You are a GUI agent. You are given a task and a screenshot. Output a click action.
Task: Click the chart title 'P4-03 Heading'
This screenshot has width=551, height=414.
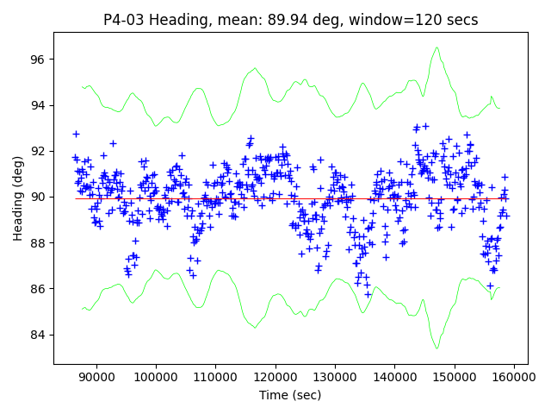pos(290,20)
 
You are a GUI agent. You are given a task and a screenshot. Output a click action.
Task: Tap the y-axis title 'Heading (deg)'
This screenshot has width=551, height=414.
pos(18,198)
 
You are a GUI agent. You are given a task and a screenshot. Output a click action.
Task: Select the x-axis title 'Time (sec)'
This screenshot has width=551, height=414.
pos(290,395)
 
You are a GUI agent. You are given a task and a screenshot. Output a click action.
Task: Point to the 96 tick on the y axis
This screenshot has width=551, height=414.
pos(39,60)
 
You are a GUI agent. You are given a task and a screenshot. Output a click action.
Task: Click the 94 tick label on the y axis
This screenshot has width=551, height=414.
pos(39,105)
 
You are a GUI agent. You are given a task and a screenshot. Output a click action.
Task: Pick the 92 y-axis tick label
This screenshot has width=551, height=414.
pos(39,151)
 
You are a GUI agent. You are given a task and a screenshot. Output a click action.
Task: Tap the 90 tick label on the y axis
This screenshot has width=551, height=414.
pos(39,197)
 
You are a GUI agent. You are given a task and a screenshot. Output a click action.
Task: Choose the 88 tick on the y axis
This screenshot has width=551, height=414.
pos(39,242)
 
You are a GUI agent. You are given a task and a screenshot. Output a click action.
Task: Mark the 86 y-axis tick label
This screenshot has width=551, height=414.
pos(39,288)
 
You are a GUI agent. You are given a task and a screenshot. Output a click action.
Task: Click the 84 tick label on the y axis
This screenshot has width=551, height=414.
pos(39,335)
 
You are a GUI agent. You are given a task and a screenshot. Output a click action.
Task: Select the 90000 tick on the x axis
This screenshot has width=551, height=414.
pos(96,377)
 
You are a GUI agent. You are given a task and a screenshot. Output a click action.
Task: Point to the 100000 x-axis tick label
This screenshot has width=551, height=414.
pos(156,377)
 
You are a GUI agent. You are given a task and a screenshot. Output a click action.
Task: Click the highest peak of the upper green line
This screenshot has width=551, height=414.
pos(438,47)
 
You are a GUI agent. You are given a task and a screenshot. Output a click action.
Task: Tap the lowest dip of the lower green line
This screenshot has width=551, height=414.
pos(437,348)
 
